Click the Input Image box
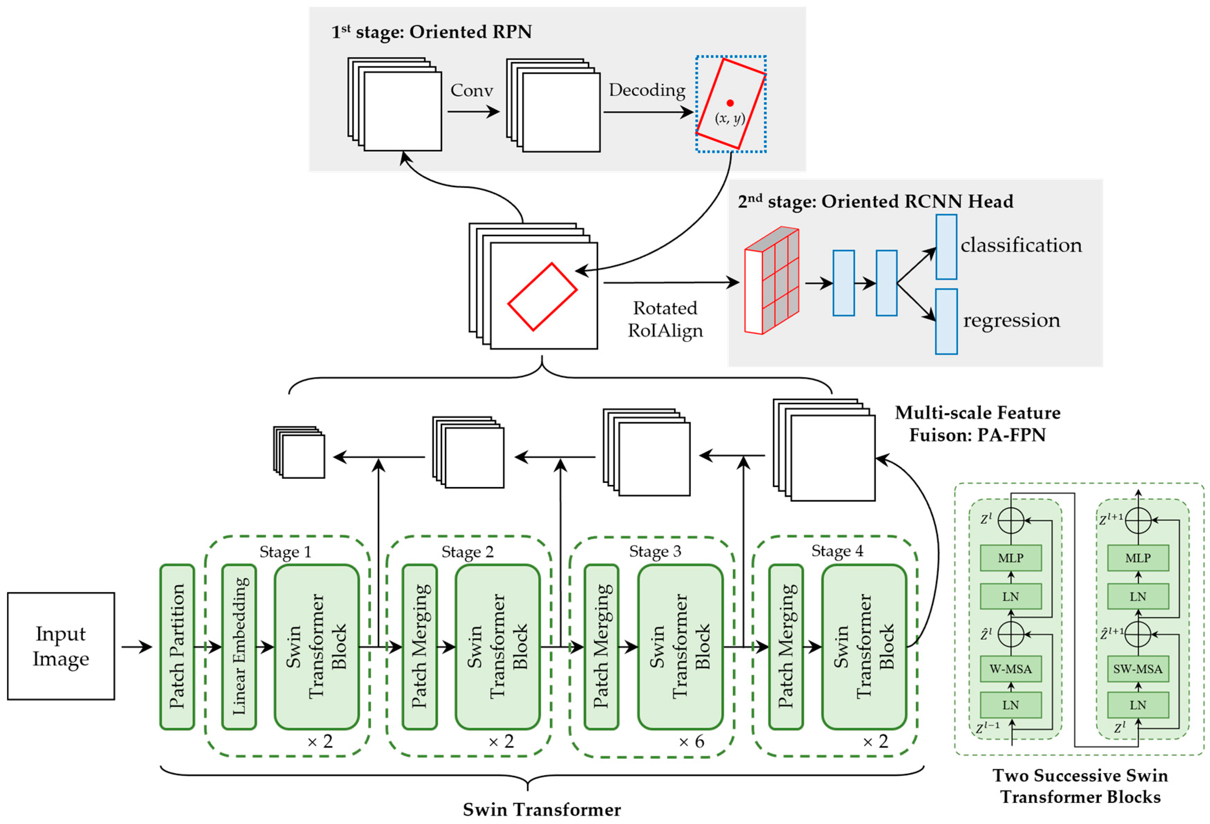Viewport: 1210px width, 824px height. click(61, 646)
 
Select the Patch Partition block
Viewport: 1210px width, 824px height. click(177, 647)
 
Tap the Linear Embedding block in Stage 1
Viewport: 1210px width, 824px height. click(239, 647)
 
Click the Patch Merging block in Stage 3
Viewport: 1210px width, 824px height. click(601, 647)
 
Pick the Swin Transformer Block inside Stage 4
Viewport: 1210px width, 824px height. click(864, 647)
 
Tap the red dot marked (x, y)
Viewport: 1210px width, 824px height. click(730, 103)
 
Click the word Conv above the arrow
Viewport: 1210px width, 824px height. click(471, 90)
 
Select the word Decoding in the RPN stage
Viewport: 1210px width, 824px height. click(647, 90)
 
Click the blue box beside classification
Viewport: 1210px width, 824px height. click(946, 247)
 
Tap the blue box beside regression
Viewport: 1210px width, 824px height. click(946, 322)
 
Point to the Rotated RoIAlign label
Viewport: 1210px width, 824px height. click(665, 319)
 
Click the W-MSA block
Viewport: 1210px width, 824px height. click(1011, 669)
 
